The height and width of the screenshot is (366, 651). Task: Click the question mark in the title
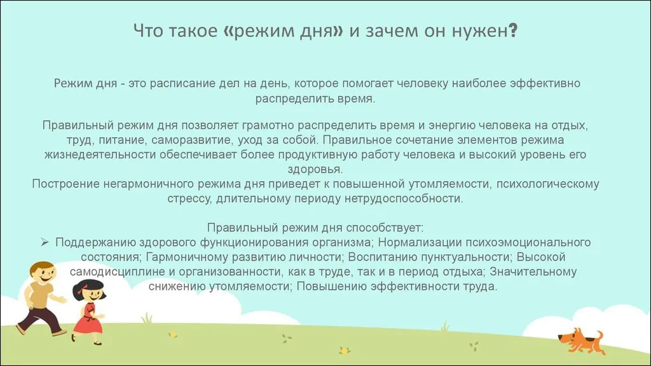[x=513, y=30]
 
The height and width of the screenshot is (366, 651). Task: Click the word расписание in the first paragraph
[x=194, y=83]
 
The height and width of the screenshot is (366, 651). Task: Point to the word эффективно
[x=545, y=83]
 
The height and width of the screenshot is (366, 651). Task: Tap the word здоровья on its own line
[x=315, y=169]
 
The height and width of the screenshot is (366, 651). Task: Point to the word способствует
[x=385, y=228]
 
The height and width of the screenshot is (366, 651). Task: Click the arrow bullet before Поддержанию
[x=45, y=242]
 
